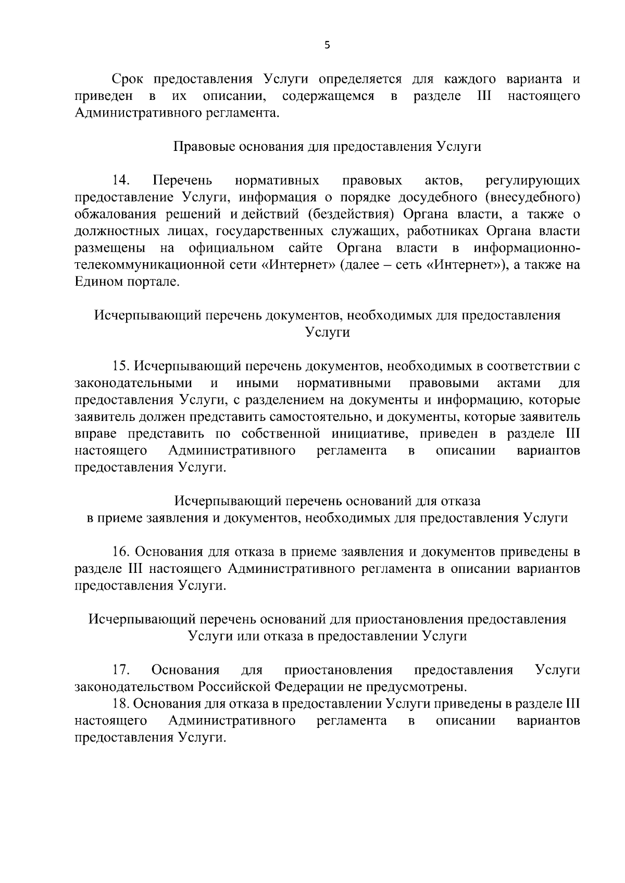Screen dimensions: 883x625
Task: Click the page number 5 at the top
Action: click(327, 45)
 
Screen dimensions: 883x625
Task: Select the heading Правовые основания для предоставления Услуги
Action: click(327, 147)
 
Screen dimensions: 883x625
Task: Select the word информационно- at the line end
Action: click(527, 248)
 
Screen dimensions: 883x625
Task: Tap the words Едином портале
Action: click(127, 282)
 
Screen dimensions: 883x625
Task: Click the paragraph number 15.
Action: click(121, 366)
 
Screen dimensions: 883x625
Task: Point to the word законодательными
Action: click(133, 383)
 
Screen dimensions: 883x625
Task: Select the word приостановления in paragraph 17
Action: click(338, 670)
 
